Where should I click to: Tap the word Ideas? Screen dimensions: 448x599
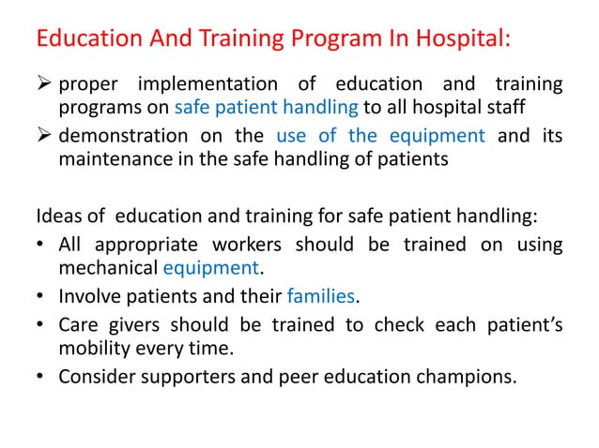pyautogui.click(x=56, y=217)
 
